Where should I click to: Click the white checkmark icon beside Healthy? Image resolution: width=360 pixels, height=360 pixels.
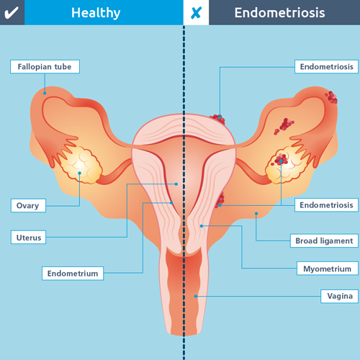[12, 13]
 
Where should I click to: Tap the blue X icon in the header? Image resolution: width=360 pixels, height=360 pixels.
[196, 13]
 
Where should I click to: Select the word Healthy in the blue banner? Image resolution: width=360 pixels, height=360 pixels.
[96, 13]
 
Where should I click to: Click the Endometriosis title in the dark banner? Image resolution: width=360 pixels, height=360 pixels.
[279, 13]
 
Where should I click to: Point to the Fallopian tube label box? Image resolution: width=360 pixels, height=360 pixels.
[45, 66]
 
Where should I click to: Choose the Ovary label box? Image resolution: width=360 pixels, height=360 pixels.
[28, 205]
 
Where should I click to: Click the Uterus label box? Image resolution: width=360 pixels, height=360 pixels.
[28, 237]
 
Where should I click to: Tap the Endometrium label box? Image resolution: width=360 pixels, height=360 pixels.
[73, 274]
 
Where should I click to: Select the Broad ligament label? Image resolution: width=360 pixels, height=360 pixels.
[324, 240]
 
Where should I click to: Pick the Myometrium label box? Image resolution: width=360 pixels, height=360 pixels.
[328, 269]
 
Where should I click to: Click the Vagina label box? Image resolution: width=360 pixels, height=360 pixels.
[340, 296]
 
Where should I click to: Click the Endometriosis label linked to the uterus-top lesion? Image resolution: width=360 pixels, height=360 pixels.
[326, 66]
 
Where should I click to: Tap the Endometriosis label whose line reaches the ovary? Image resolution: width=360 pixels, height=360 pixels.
[326, 205]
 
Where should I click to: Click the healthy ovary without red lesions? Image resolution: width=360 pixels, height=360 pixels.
[81, 164]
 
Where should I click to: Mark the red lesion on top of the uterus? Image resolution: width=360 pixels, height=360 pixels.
[218, 120]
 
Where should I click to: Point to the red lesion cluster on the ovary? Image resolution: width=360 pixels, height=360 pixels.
[280, 159]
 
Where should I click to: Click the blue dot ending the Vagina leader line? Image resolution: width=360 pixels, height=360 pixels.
[196, 297]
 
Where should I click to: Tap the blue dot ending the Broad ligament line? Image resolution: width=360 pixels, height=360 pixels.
[256, 213]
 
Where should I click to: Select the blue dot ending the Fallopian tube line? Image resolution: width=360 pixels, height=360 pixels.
[45, 93]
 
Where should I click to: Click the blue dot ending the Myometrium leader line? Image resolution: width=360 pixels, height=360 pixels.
[202, 226]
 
